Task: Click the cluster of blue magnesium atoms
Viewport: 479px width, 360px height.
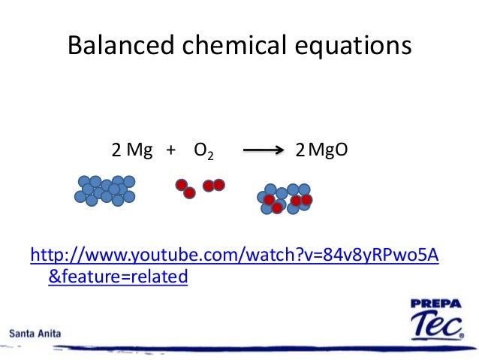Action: coord(105,190)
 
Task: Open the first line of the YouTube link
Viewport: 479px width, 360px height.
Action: coord(233,256)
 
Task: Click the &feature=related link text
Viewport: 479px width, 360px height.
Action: coord(117,277)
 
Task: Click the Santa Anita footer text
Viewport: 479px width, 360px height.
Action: coord(36,331)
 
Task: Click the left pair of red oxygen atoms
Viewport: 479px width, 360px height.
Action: coord(185,188)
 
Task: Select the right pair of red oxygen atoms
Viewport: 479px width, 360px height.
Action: coord(213,185)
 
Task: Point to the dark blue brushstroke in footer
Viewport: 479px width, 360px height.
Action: coord(248,348)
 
